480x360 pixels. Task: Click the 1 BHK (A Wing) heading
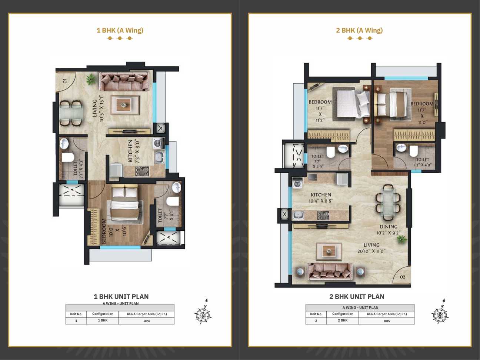[120, 30]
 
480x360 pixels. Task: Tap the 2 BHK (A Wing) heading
[359, 30]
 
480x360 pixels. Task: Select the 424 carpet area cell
[147, 321]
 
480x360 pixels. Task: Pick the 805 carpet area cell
[387, 321]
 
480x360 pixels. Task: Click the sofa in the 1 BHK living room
[124, 81]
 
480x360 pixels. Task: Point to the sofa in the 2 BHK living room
[330, 272]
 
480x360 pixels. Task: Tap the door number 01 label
[65, 81]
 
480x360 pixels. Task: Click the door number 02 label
[402, 277]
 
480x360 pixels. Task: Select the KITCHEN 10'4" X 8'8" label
[321, 198]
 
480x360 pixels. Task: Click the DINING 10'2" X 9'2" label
[389, 230]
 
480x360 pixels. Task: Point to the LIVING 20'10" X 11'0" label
[371, 248]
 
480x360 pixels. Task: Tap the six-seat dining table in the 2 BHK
[388, 202]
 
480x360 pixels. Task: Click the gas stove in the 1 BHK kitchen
[142, 171]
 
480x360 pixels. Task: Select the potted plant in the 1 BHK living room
[90, 79]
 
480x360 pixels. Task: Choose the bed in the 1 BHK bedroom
[125, 203]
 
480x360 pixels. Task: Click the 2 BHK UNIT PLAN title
[357, 296]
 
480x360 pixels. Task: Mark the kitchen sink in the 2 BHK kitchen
[298, 216]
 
